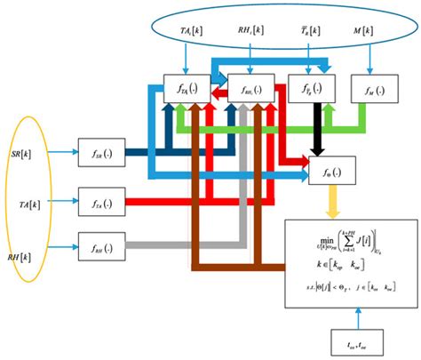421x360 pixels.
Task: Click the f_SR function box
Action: point(97,147)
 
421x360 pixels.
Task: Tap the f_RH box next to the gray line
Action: point(97,244)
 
